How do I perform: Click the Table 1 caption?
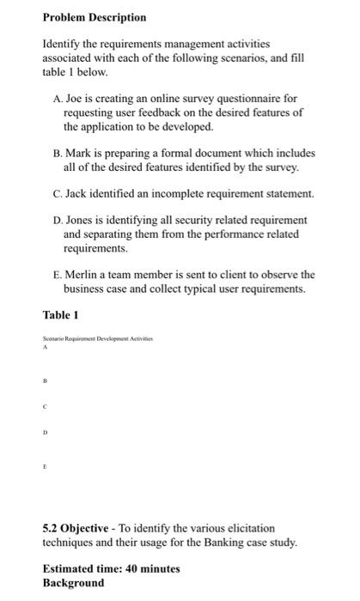pos(61,316)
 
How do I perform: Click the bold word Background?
pos(73,582)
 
